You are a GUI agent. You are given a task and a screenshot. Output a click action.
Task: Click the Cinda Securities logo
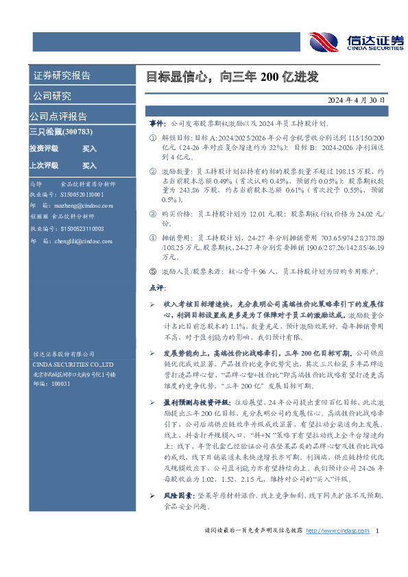(355, 42)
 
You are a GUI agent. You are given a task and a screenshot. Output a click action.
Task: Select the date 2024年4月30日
(357, 99)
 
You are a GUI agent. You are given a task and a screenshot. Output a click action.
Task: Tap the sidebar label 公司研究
(52, 95)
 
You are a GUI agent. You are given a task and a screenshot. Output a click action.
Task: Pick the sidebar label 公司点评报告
(58, 116)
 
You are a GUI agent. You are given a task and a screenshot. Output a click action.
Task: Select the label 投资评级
(44, 148)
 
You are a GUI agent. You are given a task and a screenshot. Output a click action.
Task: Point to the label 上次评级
(44, 165)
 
